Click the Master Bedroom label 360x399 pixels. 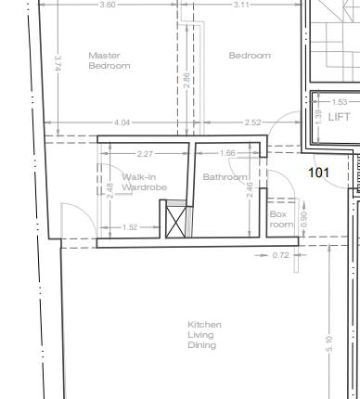[109, 60]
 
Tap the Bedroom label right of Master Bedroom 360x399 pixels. [250, 56]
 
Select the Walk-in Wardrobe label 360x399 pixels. [145, 182]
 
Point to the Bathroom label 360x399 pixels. [225, 177]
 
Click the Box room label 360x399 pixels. [281, 219]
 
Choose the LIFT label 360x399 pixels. [340, 117]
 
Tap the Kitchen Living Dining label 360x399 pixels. [204, 335]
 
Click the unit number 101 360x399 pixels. [319, 173]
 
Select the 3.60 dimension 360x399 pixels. [108, 5]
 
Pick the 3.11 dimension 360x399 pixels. [241, 5]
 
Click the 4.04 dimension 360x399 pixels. [122, 122]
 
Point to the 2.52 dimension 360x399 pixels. [252, 122]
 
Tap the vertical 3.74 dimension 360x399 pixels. [58, 63]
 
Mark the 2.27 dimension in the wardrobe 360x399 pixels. [145, 154]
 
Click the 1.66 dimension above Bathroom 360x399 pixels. [227, 153]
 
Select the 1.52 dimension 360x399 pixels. [130, 227]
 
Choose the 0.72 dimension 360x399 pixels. [281, 255]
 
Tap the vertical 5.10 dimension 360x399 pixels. [329, 343]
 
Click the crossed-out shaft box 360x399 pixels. [176, 222]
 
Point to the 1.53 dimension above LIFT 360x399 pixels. [340, 102]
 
